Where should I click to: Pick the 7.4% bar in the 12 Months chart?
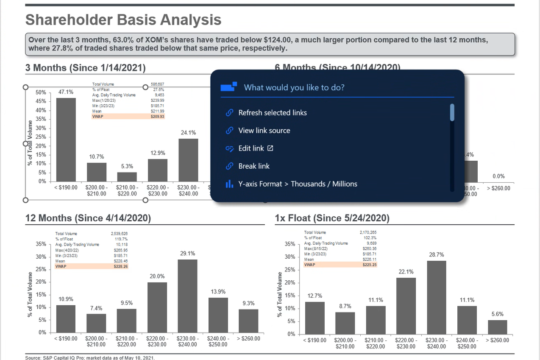point(96,322)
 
